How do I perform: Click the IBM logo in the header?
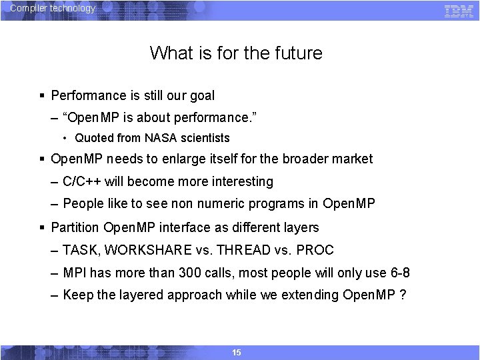[x=459, y=11]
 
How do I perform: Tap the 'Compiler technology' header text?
[x=53, y=9]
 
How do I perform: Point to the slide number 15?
[x=237, y=352]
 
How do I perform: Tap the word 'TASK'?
[x=79, y=251]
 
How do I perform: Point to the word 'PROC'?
[x=315, y=251]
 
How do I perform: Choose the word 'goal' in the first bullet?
[x=202, y=96]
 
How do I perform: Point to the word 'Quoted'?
[x=94, y=138]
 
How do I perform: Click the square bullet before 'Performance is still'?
[x=43, y=96]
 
